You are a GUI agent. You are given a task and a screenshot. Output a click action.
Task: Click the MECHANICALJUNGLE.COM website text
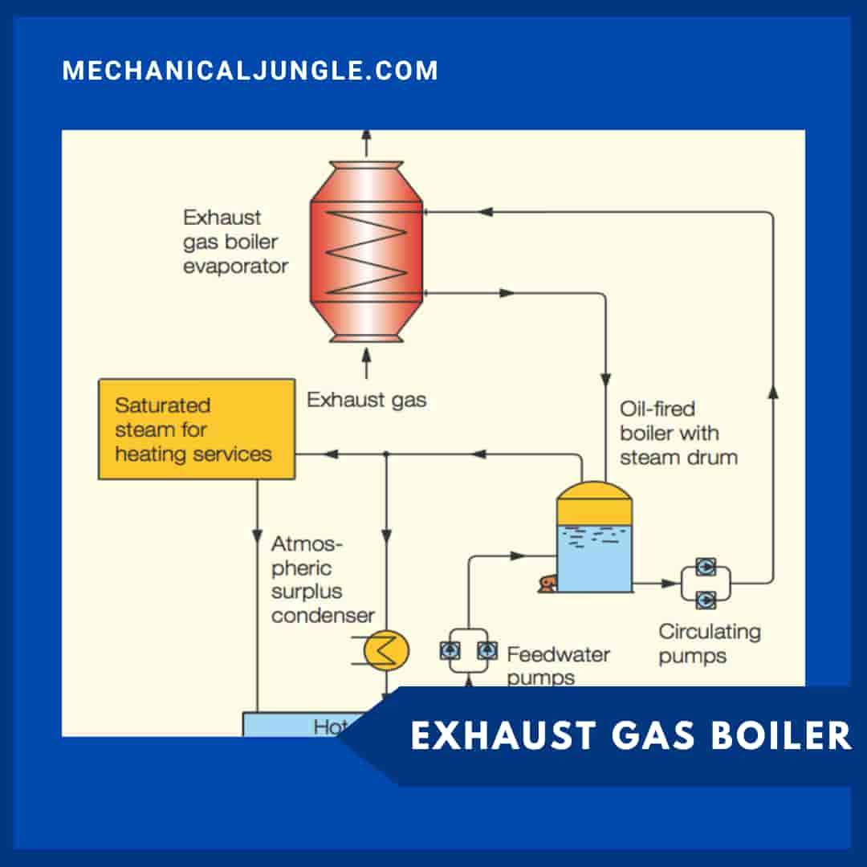click(250, 71)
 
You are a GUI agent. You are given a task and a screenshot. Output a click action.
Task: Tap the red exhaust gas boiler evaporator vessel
click(366, 250)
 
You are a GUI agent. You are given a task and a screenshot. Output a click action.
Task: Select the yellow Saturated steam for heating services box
click(196, 429)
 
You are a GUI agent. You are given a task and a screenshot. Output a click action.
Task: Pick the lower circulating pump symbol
click(706, 599)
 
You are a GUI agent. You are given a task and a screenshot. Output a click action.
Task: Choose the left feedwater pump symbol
click(450, 651)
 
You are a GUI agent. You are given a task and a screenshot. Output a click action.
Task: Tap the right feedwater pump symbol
click(486, 651)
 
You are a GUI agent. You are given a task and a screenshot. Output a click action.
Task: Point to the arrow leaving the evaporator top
click(367, 142)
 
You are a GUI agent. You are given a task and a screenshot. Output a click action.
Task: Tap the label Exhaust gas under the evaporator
click(366, 399)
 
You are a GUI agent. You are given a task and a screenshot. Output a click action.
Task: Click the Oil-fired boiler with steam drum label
click(678, 433)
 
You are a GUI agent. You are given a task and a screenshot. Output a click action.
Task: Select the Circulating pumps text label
click(709, 643)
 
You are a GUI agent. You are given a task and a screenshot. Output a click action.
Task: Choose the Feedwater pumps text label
click(557, 665)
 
